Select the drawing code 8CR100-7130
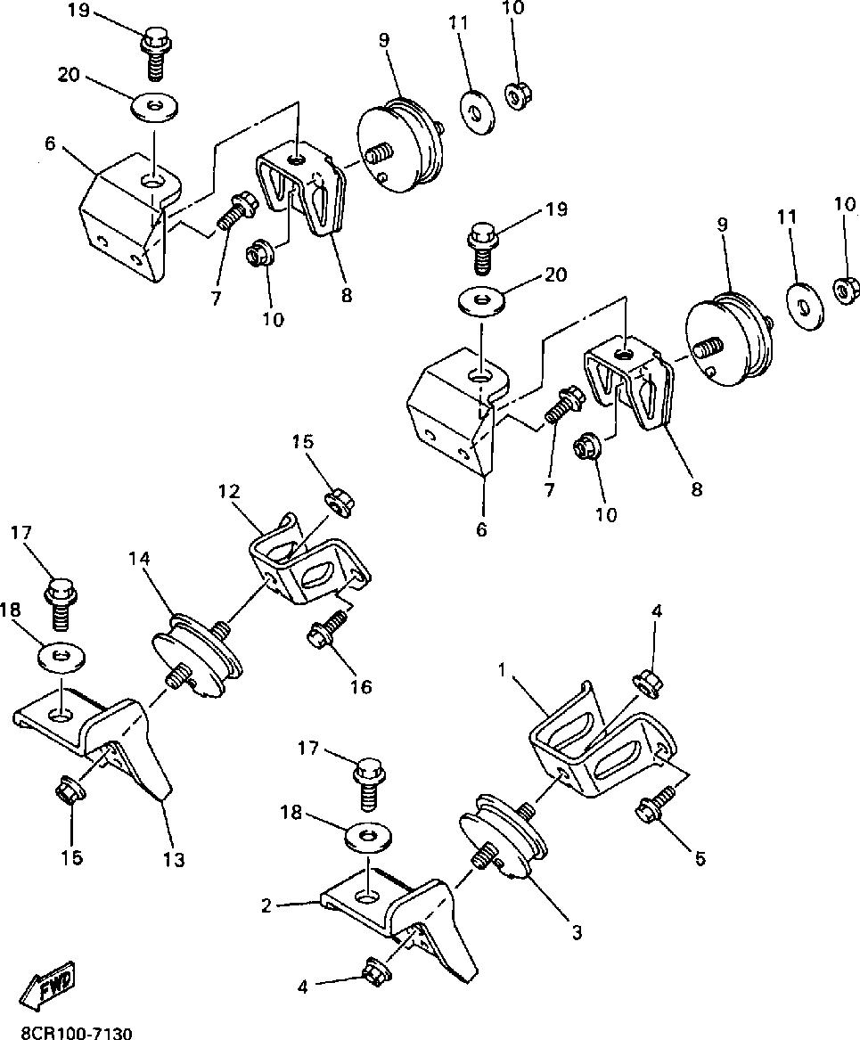tap(70, 1031)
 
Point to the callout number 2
tap(266, 906)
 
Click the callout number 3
tap(577, 933)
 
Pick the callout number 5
tap(700, 858)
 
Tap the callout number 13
tap(174, 859)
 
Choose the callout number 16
tap(360, 686)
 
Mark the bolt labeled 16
tap(324, 628)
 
